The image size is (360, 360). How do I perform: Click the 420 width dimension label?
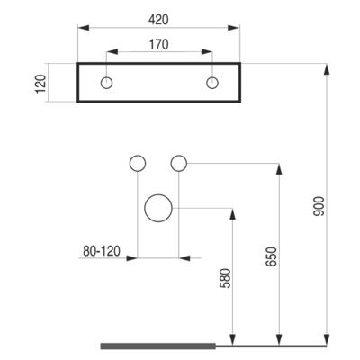click(158, 20)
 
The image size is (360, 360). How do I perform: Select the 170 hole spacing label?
click(159, 45)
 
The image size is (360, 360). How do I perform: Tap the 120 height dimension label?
click(40, 84)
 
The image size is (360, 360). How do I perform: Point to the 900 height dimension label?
click(319, 206)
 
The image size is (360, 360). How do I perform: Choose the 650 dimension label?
click(271, 256)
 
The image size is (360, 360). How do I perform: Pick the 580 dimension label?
click(226, 278)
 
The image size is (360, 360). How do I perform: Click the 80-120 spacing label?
click(102, 251)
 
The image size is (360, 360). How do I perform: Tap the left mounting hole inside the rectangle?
click(106, 83)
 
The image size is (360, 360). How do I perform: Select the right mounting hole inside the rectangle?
click(212, 83)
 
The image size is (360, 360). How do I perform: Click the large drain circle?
click(158, 208)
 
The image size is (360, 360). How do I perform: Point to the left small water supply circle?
click(138, 164)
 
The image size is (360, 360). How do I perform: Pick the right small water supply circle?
click(179, 164)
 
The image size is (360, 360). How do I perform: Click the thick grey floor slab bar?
click(158, 346)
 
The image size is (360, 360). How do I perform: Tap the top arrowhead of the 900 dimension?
click(327, 68)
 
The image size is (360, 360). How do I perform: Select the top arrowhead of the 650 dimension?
click(279, 169)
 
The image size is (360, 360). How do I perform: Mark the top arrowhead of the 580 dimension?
click(232, 213)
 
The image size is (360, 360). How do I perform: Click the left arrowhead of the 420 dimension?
click(84, 28)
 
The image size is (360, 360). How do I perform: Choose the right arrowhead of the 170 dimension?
click(207, 52)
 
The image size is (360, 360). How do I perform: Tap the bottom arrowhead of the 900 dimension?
click(327, 340)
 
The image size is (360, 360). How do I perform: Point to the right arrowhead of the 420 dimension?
click(234, 28)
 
